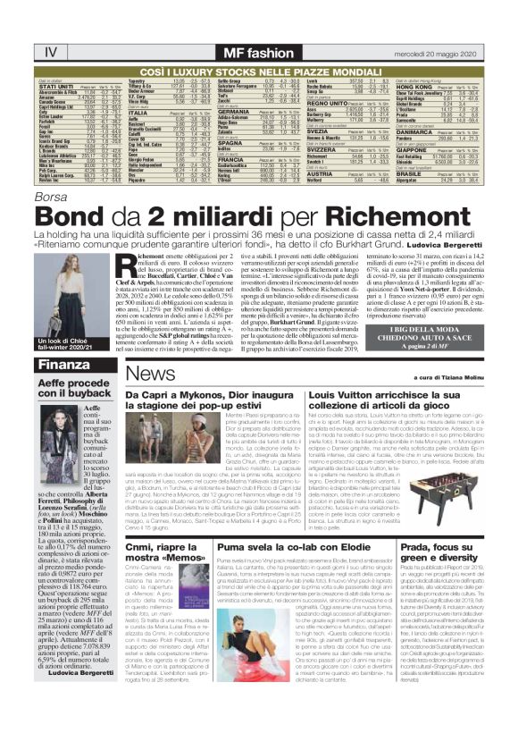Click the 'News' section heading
tap(145, 373)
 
